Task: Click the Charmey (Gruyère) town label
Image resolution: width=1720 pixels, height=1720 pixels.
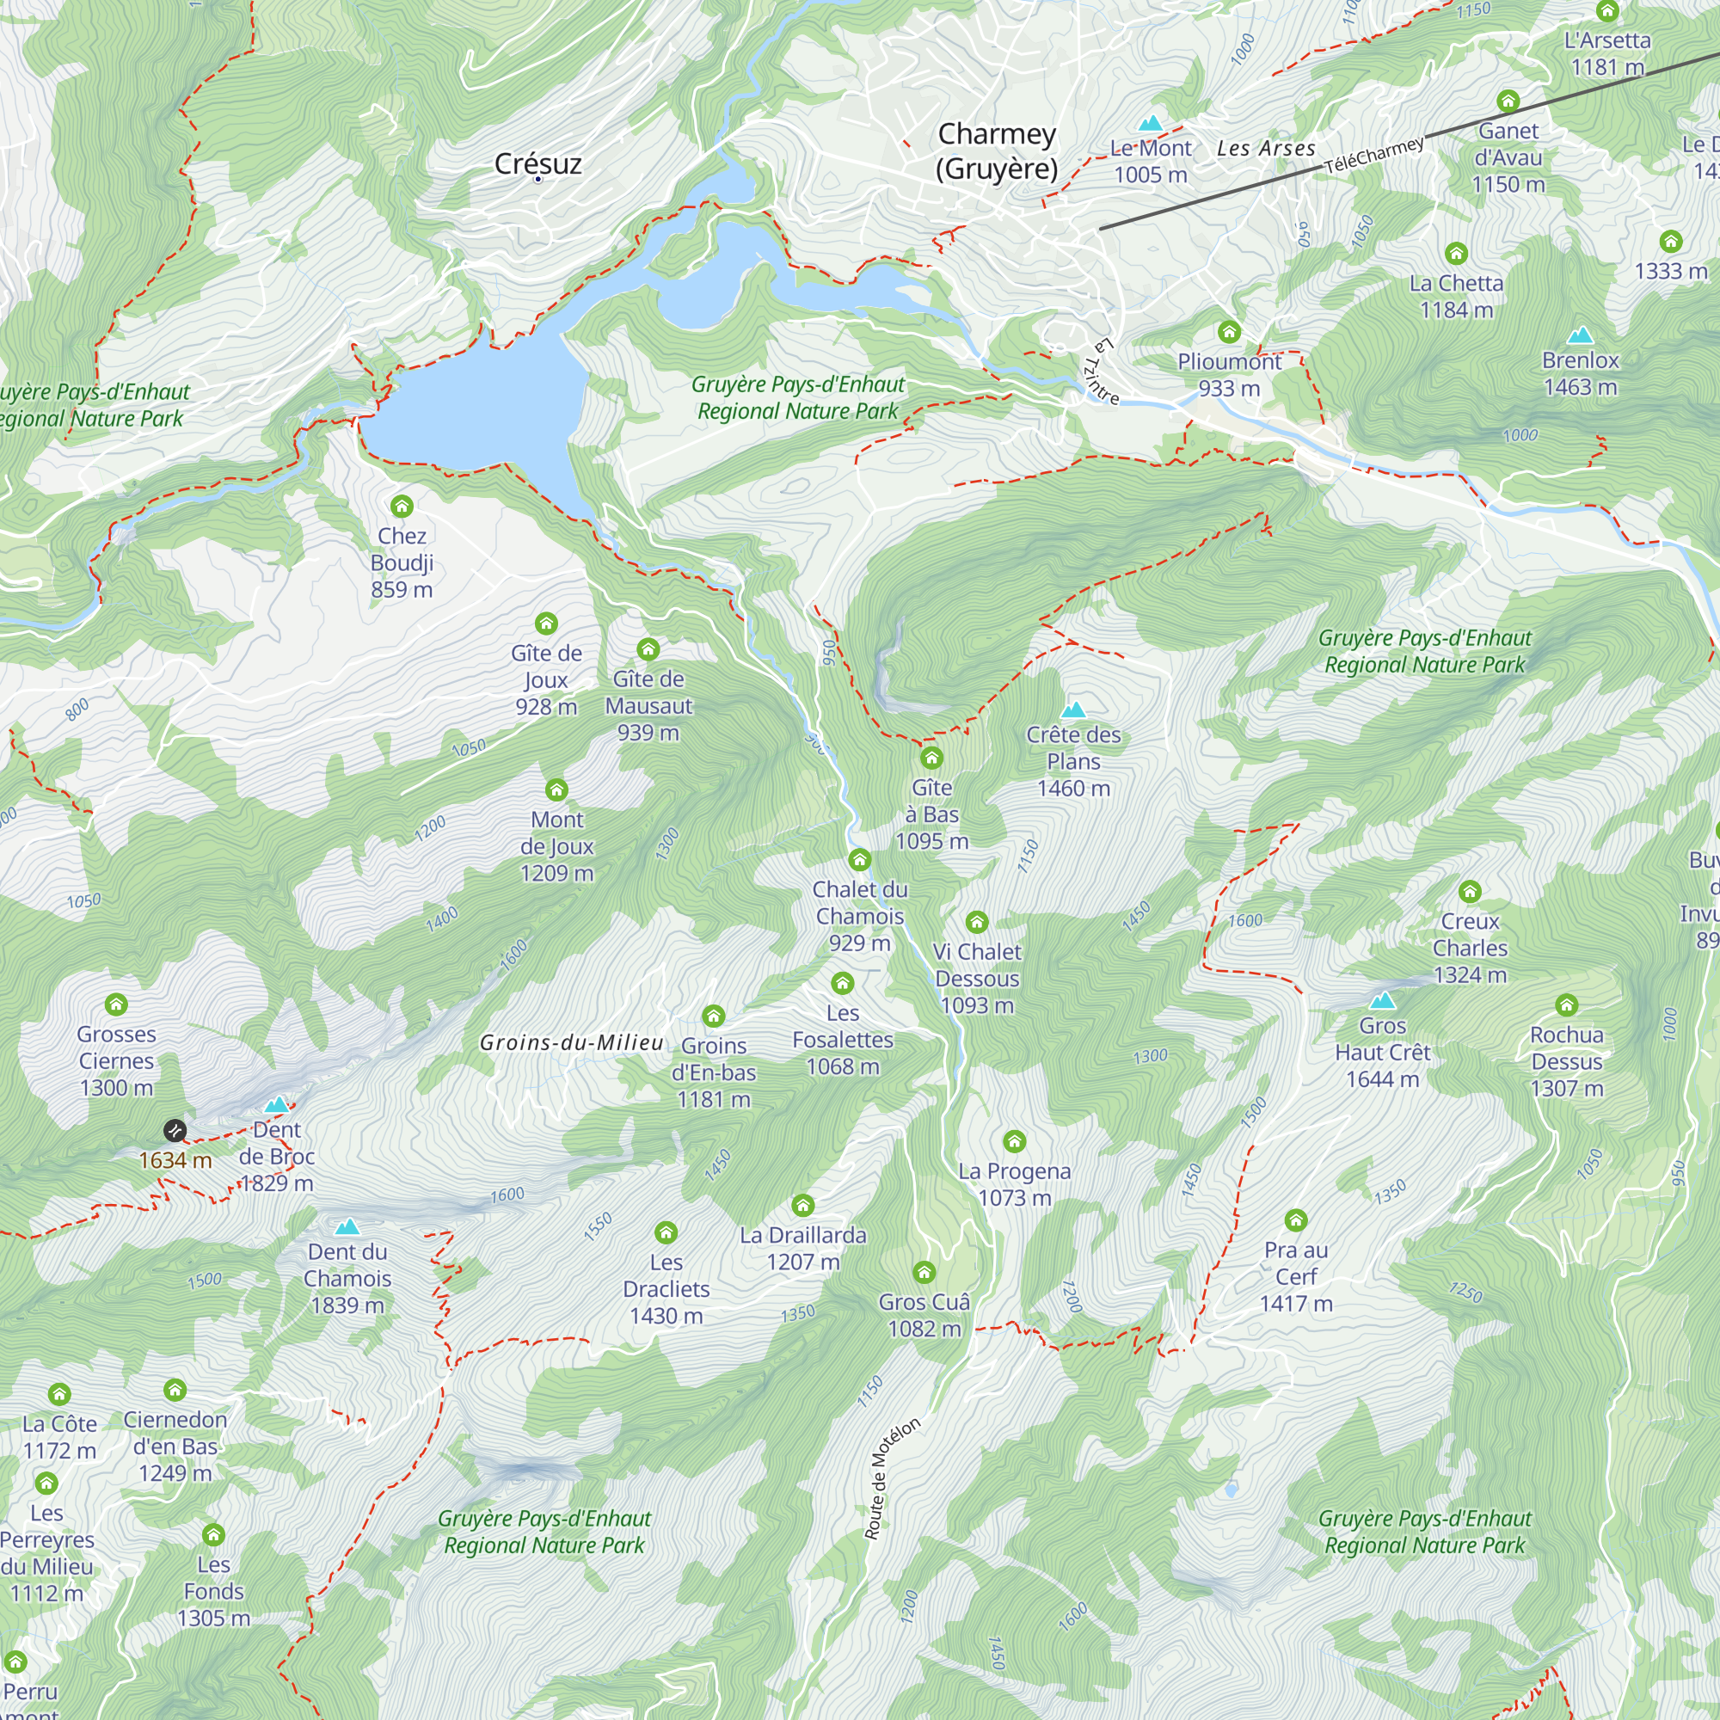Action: tap(996, 151)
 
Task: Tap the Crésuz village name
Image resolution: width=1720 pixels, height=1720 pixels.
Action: tap(537, 163)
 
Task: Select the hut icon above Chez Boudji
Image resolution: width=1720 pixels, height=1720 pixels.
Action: tap(402, 507)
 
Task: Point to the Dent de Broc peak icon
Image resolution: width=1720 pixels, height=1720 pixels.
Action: tap(277, 1105)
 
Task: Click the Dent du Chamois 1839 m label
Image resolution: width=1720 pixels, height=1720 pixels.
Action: tap(347, 1279)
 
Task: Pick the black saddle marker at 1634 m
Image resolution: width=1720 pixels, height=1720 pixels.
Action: tap(175, 1131)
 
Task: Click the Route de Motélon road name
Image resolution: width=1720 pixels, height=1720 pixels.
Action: tap(892, 1477)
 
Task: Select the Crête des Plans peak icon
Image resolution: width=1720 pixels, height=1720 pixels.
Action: tap(1073, 709)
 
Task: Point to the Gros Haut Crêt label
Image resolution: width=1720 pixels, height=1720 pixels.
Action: tap(1383, 1053)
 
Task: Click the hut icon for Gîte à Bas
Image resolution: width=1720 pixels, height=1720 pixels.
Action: tap(931, 758)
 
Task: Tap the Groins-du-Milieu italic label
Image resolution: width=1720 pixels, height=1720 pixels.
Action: tap(572, 1042)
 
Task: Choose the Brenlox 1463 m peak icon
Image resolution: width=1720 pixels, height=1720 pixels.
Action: tap(1580, 335)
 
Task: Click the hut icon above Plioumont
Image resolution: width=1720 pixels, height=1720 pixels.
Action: tap(1230, 332)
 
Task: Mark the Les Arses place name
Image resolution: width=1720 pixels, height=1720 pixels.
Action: tap(1266, 149)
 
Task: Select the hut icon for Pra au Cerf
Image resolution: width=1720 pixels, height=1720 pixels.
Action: tap(1296, 1219)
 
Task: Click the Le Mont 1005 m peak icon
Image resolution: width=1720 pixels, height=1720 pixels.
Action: tap(1150, 123)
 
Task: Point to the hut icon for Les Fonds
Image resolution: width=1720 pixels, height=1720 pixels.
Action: tap(213, 1534)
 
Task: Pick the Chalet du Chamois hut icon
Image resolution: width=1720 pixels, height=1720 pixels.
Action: tap(859, 859)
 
